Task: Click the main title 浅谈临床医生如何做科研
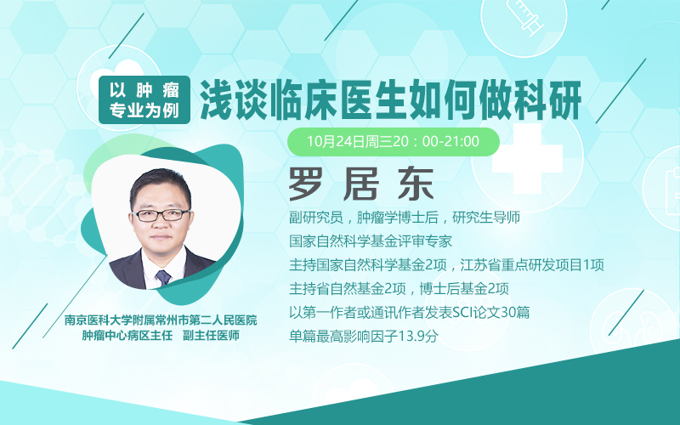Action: tap(391, 99)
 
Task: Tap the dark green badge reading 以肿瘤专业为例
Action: tap(144, 99)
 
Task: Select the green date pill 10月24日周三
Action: tap(394, 141)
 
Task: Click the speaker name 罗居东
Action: tap(361, 184)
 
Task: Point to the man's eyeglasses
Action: tap(161, 215)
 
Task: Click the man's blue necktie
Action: tap(163, 277)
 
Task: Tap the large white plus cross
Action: tap(527, 158)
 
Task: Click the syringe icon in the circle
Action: tap(525, 16)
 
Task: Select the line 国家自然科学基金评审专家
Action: tap(371, 241)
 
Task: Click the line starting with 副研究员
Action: tap(405, 218)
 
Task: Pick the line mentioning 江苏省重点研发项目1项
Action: tap(447, 264)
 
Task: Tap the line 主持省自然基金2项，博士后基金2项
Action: tap(399, 288)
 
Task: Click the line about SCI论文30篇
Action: tap(410, 312)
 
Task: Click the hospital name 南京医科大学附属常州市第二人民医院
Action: tap(161, 320)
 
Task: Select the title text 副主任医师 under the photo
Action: tap(211, 335)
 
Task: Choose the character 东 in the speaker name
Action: tap(416, 184)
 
